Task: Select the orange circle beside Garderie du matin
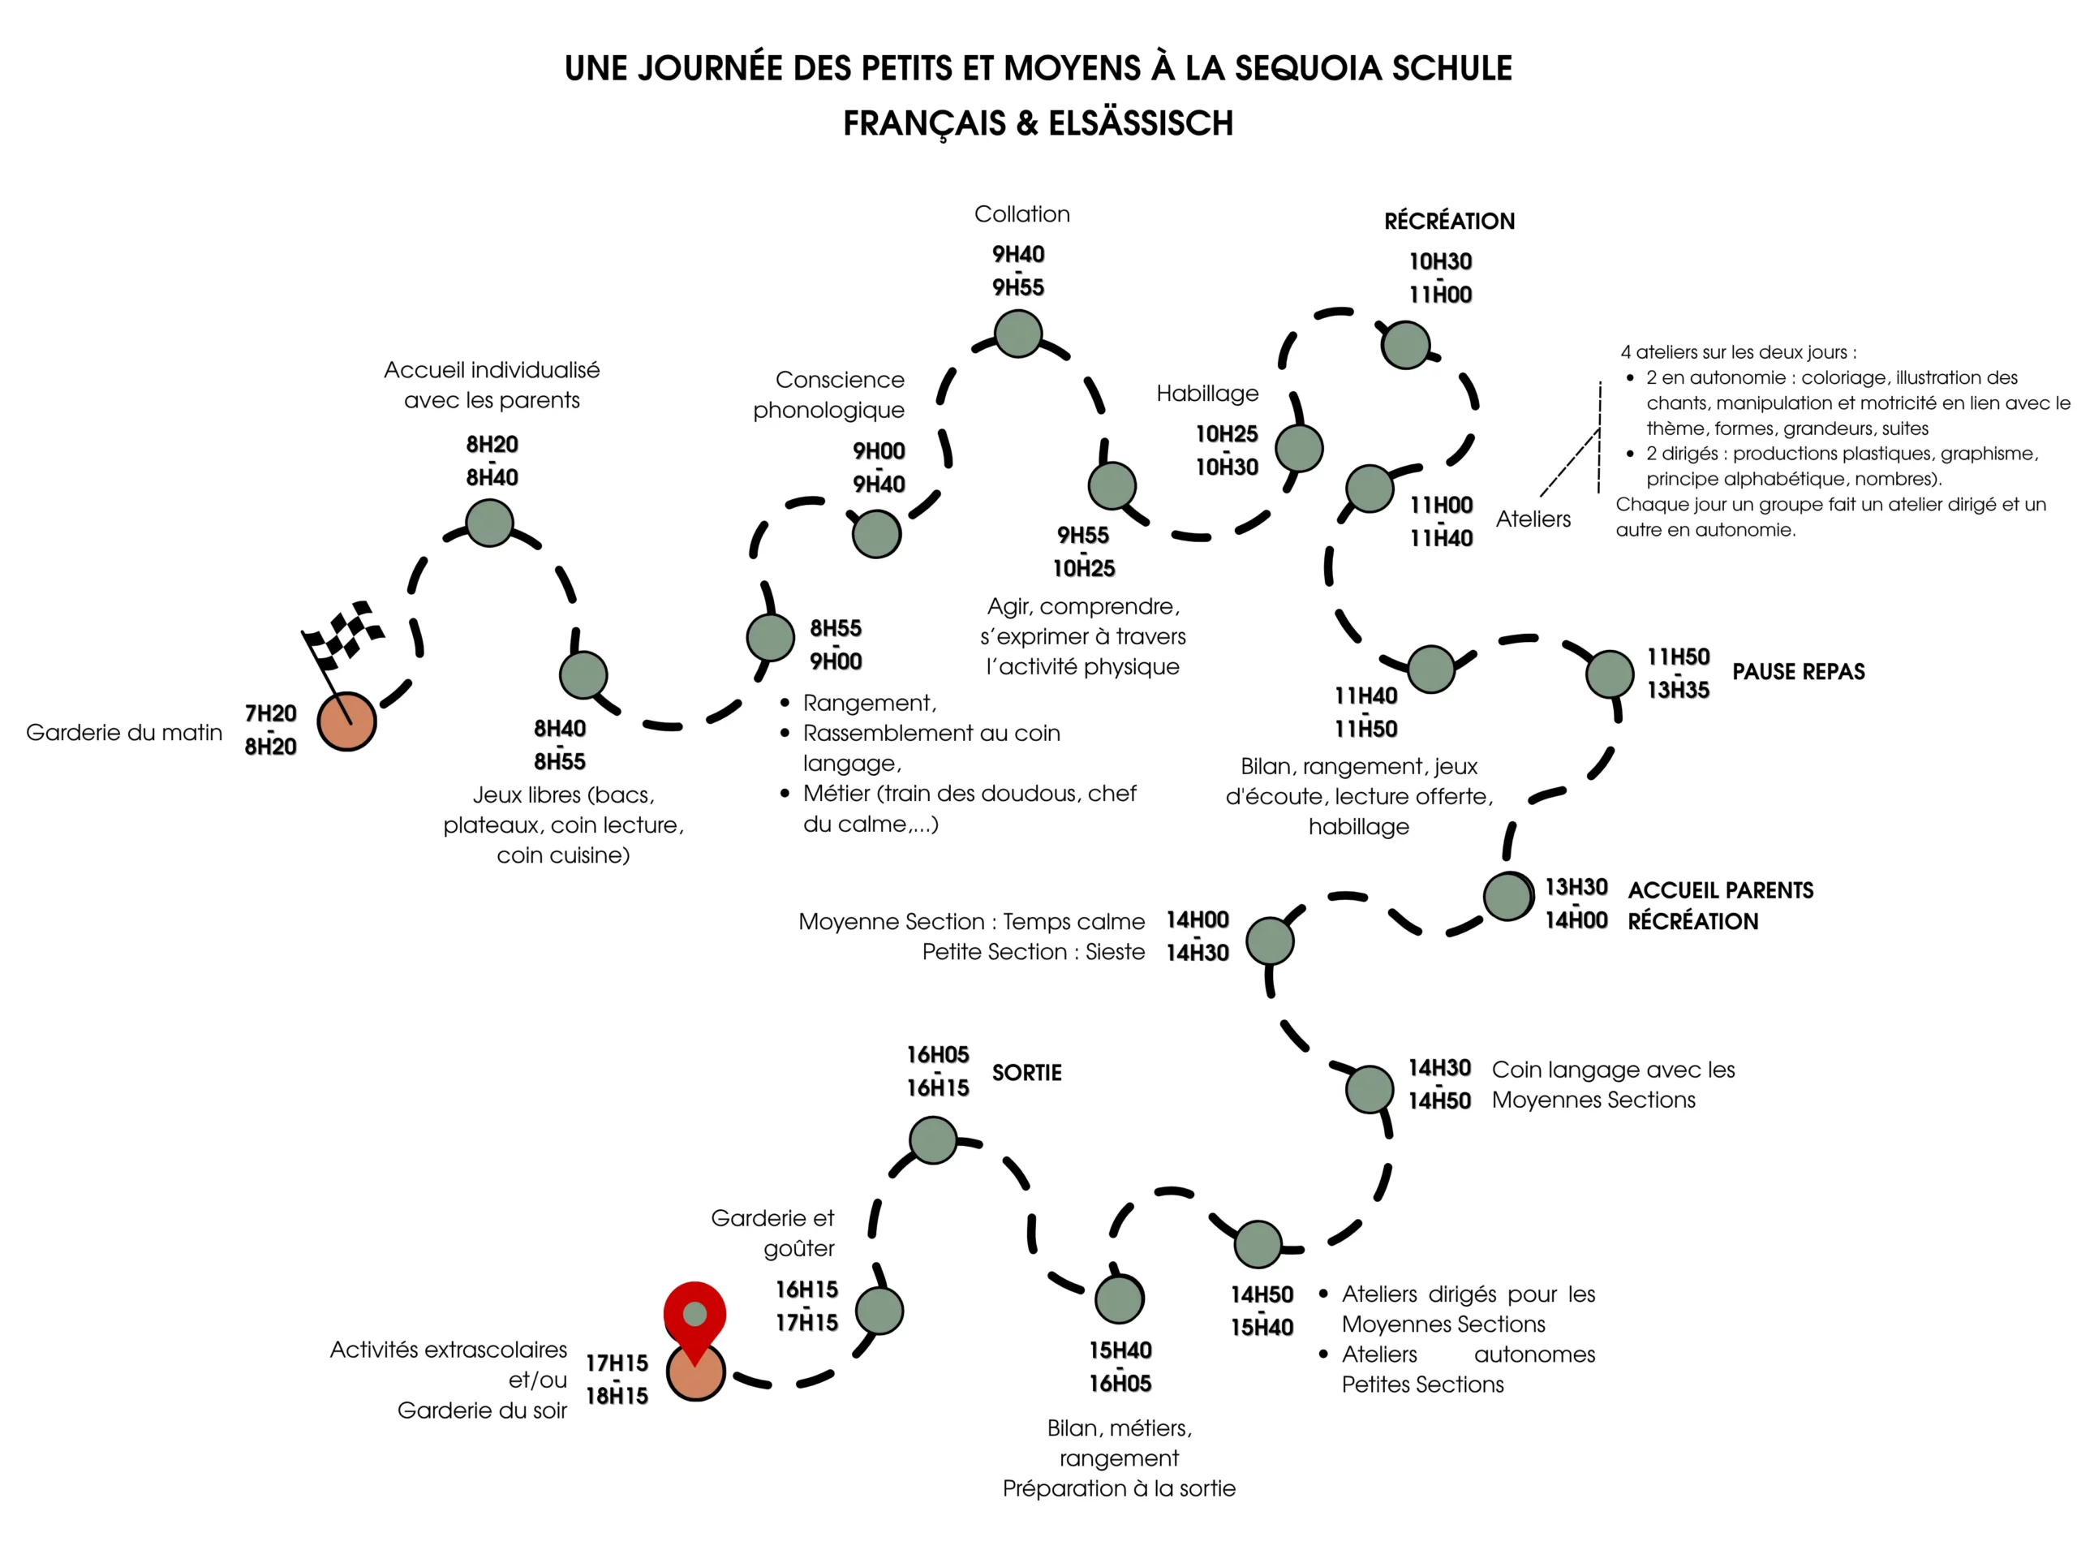[346, 721]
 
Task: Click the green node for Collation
[1018, 334]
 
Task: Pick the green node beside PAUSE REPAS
[1609, 674]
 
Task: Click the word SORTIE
[1026, 1073]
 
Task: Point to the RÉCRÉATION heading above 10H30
[1449, 221]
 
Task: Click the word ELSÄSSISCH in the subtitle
[1141, 123]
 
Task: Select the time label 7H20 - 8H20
[270, 729]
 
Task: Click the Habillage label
[1207, 393]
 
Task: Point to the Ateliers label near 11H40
[1533, 519]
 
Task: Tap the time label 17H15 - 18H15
[617, 1379]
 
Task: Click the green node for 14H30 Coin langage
[1369, 1088]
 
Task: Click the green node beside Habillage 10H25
[1299, 447]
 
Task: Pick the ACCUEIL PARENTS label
[1719, 890]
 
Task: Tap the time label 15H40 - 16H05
[1120, 1367]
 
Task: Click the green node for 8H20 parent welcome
[489, 523]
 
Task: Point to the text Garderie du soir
[482, 1410]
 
